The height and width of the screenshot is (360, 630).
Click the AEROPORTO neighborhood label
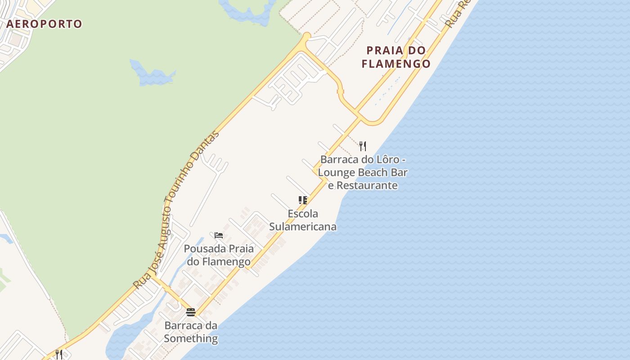pyautogui.click(x=44, y=24)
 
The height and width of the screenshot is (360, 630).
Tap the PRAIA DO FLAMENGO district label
pyautogui.click(x=396, y=57)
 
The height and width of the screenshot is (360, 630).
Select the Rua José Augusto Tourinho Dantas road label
pyautogui.click(x=176, y=210)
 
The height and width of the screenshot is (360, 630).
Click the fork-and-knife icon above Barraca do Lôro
pyautogui.click(x=363, y=146)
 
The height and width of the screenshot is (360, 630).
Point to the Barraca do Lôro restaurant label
pyautogui.click(x=363, y=172)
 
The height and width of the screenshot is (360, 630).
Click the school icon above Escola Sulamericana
pyautogui.click(x=303, y=200)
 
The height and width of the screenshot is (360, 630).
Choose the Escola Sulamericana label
pyautogui.click(x=303, y=220)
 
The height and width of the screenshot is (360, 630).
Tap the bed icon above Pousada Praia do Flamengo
pyautogui.click(x=219, y=235)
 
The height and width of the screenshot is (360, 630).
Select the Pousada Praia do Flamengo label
pyautogui.click(x=219, y=255)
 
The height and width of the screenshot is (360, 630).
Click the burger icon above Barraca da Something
pyautogui.click(x=191, y=312)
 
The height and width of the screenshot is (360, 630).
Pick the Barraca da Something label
pyautogui.click(x=191, y=332)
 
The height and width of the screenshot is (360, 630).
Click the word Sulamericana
pyautogui.click(x=303, y=226)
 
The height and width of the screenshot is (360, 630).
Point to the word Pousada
pyautogui.click(x=205, y=248)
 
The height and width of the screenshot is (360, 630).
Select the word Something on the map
pyautogui.click(x=191, y=338)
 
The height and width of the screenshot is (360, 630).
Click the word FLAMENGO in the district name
pyautogui.click(x=396, y=64)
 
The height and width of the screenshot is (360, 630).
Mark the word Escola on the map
pyautogui.click(x=303, y=213)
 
